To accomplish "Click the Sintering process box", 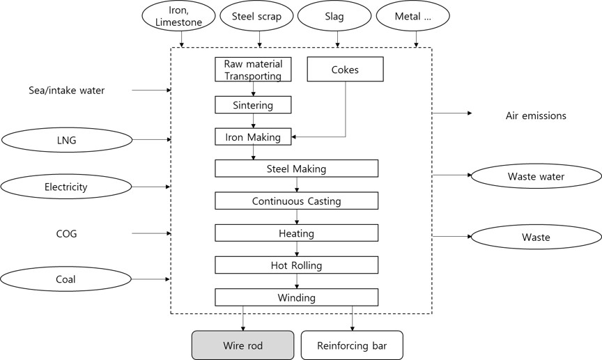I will click(x=252, y=105).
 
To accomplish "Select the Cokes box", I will click(x=346, y=69).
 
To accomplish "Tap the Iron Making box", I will click(x=252, y=137).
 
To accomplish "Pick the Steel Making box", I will click(x=296, y=169).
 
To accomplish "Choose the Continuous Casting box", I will click(x=296, y=201).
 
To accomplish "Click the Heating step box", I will click(x=296, y=233).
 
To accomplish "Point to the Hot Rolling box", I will click(x=296, y=265).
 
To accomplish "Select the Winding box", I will click(x=296, y=297).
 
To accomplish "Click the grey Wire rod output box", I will click(x=242, y=345).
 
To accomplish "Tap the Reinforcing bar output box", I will click(x=352, y=345).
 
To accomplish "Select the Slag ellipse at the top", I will click(x=334, y=17).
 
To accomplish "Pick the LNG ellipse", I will click(x=67, y=140).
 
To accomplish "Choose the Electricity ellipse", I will click(x=66, y=187).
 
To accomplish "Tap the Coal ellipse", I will click(x=66, y=279).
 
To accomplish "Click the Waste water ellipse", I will click(x=536, y=177).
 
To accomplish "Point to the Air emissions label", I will click(x=536, y=116).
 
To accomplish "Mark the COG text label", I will click(x=66, y=234).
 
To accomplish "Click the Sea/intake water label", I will click(x=67, y=91).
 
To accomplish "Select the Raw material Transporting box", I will click(x=252, y=70).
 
